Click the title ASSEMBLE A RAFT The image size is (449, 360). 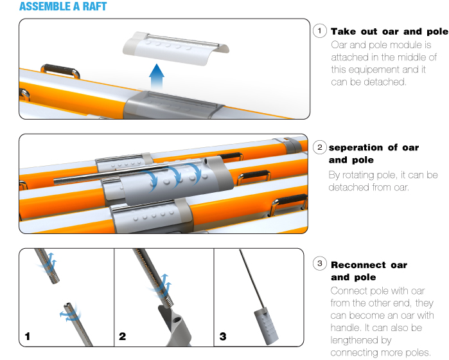[x=63, y=6]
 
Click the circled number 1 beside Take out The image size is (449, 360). [x=320, y=31]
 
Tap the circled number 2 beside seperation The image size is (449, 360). [x=320, y=147]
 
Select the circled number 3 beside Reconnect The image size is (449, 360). [x=320, y=264]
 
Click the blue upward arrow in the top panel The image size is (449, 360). [x=157, y=76]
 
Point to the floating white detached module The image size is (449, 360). [x=176, y=48]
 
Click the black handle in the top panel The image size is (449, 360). [x=60, y=71]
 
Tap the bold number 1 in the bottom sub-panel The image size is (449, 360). [x=27, y=336]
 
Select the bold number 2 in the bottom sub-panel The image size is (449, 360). [x=122, y=336]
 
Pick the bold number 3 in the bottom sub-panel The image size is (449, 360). [x=223, y=336]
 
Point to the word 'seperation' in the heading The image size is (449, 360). [x=356, y=148]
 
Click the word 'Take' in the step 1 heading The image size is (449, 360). [x=344, y=32]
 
